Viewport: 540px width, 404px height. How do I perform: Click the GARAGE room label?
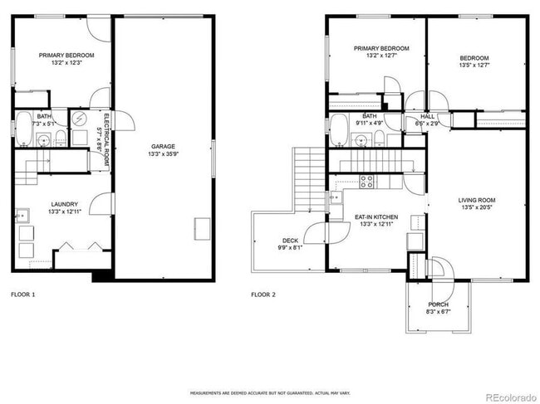pos(163,147)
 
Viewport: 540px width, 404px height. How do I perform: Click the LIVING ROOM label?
pos(476,200)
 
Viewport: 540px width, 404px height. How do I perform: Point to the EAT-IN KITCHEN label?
pos(376,217)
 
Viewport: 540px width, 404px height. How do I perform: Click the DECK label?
pos(290,240)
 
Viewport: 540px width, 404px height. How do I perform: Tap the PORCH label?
pos(438,304)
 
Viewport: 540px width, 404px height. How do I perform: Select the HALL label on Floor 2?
pos(427,117)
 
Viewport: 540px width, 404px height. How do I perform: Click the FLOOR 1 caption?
pos(22,294)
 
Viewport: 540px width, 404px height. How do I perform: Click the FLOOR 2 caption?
pos(263,294)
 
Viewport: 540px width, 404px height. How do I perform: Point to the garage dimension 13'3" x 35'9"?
pos(163,153)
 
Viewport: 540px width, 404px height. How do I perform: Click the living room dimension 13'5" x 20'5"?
pos(476,207)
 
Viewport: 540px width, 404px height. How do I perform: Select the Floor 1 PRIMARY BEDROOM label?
pos(66,56)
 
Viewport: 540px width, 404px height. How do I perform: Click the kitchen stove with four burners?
pos(366,180)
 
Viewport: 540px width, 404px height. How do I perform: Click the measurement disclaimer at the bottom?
pos(269,392)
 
